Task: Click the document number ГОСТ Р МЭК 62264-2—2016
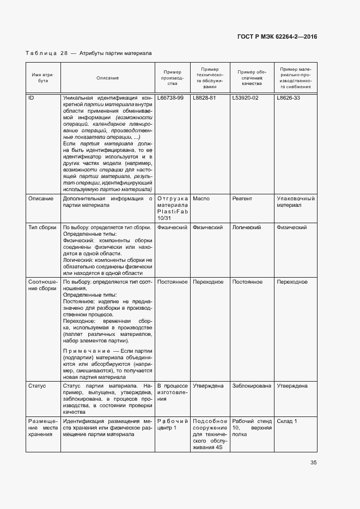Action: [x=277, y=36]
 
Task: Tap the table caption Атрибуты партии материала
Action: [x=115, y=53]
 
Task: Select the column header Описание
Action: [x=108, y=78]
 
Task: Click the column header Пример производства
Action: [x=172, y=78]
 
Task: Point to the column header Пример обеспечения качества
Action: [x=252, y=78]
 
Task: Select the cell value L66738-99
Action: [x=170, y=98]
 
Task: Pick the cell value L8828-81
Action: [x=205, y=98]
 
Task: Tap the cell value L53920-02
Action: [x=245, y=98]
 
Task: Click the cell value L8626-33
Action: [x=289, y=98]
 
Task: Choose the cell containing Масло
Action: [x=201, y=199]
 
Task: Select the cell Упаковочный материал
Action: [x=296, y=202]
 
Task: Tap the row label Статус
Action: [x=37, y=385]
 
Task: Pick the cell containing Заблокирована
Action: [x=252, y=385]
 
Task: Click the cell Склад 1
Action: [x=287, y=421]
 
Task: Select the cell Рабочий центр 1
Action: [x=172, y=424]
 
